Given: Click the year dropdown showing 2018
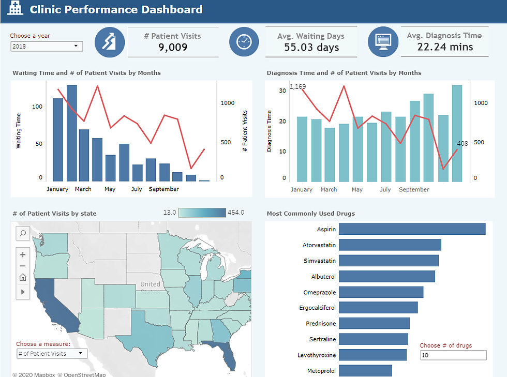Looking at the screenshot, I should coord(46,47).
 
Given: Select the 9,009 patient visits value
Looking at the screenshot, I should coord(173,48).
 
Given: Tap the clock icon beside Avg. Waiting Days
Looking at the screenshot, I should coord(244,42).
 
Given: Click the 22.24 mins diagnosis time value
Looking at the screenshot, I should coord(445,47).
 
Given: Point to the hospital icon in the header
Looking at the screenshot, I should coord(16,9).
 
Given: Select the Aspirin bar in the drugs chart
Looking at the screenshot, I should coord(412,229).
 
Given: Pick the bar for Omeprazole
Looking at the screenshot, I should coord(381,292).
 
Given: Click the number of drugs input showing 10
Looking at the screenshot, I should coord(453,355).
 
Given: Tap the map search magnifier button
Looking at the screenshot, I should coord(23,234).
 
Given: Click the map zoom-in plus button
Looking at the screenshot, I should coord(23,254).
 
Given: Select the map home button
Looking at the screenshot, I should coord(23,278).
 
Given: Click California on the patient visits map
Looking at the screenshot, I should coord(54,305).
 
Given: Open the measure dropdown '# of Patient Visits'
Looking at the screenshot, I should coord(52,354).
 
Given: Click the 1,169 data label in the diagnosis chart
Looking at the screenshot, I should coord(297,86).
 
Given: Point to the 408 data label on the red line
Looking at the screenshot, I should coord(462,144).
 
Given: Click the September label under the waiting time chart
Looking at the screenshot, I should coord(163,189).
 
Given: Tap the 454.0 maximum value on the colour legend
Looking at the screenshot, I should coord(235,213).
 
